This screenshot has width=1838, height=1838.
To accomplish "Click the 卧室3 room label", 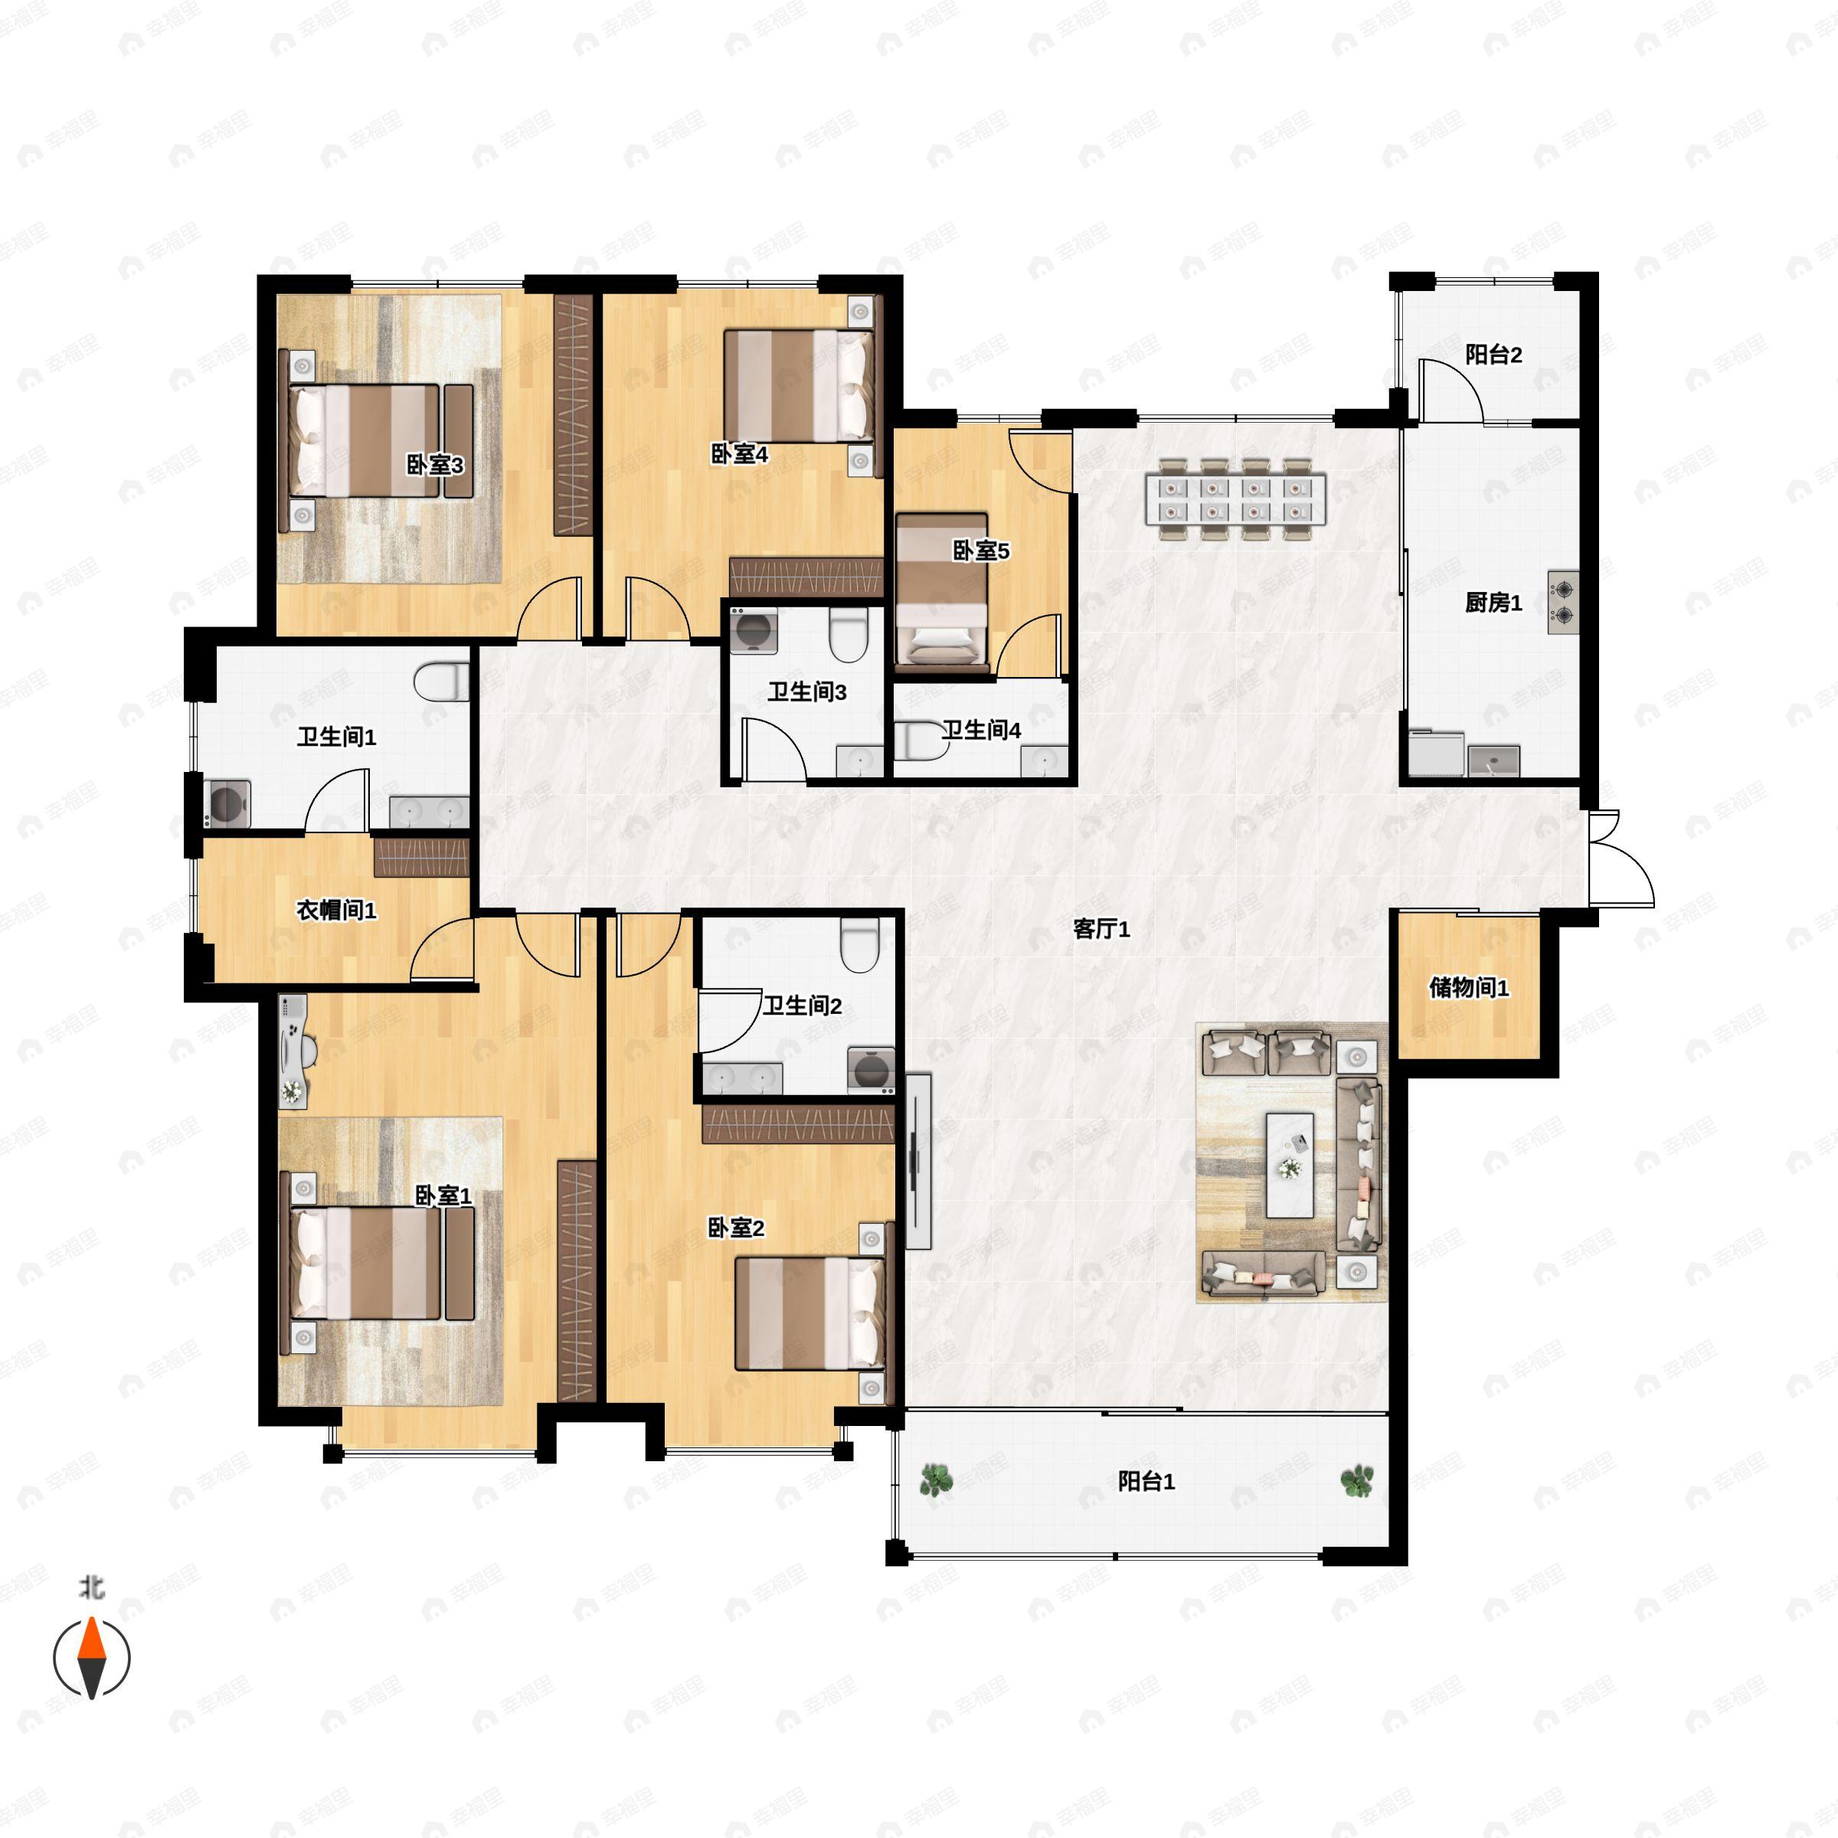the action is (x=435, y=465).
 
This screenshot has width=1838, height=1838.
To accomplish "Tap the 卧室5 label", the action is (x=981, y=551).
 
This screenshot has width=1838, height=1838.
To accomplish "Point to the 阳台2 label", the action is (x=1493, y=355).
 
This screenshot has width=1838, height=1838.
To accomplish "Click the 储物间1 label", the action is (x=1469, y=987).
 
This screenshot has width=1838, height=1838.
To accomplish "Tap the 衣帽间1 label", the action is (x=337, y=911).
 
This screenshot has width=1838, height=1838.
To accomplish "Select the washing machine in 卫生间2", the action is (x=871, y=1069).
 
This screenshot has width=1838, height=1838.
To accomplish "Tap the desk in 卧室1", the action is (x=295, y=1051).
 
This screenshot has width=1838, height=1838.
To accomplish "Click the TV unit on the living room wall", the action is (x=917, y=1161).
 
